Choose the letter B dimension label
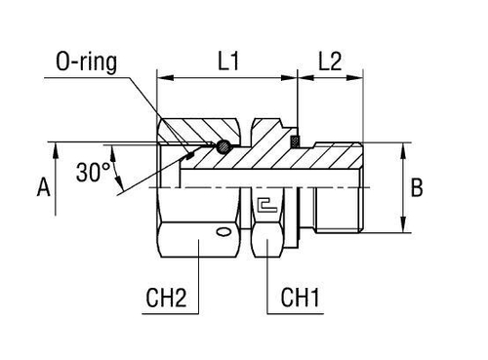pos(417,188)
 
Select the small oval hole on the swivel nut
pos(225,232)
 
